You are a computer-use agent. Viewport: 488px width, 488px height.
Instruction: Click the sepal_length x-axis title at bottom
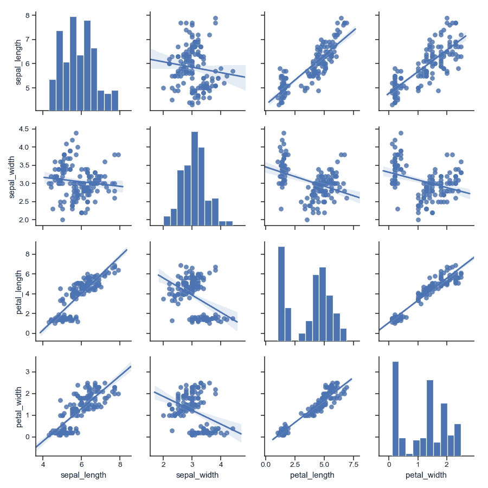coord(81,476)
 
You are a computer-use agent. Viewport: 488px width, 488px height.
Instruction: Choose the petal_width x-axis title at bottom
coord(426,476)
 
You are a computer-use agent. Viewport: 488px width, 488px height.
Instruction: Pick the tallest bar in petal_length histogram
coord(281,293)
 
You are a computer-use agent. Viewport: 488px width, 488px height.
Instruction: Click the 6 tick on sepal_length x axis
coord(81,464)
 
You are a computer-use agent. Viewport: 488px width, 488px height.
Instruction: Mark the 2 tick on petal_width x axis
coord(446,464)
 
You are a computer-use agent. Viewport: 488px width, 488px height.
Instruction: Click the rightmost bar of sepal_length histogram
coord(115,100)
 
